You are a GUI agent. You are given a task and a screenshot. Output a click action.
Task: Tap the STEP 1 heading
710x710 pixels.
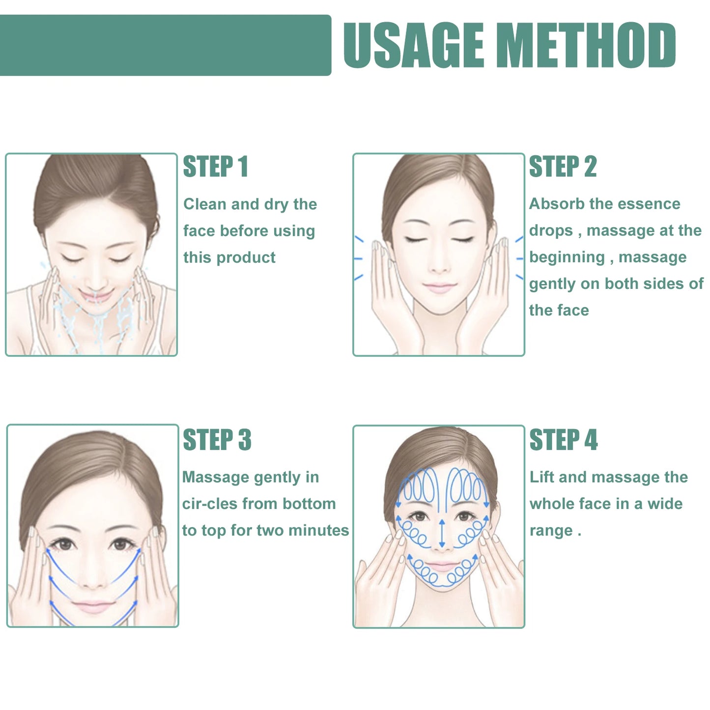point(215,167)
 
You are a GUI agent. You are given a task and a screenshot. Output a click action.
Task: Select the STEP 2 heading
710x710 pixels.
point(563,167)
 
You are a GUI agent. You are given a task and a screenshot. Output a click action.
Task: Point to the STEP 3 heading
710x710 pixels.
point(217,440)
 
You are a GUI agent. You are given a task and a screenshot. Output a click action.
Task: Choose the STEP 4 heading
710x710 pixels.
point(563,440)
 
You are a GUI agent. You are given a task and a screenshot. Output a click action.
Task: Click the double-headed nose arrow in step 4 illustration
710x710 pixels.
point(442,534)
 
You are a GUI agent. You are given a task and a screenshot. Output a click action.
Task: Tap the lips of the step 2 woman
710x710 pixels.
point(439,287)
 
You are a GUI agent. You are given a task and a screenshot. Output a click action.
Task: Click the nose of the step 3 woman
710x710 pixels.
point(93,580)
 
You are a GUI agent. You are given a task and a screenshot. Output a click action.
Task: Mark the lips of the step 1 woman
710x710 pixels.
point(94,296)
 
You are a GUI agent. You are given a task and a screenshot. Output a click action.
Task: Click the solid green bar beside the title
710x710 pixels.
point(165,45)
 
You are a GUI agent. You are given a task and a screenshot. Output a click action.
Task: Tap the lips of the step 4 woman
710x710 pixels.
point(441,566)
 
